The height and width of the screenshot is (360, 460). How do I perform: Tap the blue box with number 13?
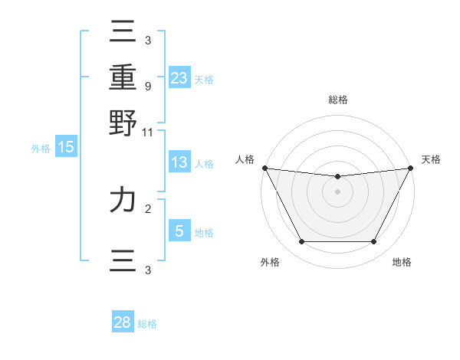pyautogui.click(x=179, y=162)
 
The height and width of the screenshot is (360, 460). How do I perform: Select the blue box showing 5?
pyautogui.click(x=179, y=231)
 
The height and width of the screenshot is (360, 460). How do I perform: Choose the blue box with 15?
pyautogui.click(x=66, y=147)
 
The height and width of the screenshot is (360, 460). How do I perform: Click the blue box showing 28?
pyautogui.click(x=123, y=322)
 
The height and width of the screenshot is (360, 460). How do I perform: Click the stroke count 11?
pyautogui.click(x=147, y=132)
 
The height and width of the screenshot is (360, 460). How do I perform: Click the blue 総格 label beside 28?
pyautogui.click(x=147, y=324)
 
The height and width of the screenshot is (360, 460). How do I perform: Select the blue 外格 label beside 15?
pyautogui.click(x=41, y=149)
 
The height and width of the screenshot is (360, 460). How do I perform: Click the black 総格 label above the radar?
pyautogui.click(x=337, y=100)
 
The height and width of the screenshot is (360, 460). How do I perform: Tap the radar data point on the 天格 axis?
pyautogui.click(x=410, y=168)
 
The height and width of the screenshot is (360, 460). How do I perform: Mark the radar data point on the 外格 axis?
pyautogui.click(x=301, y=242)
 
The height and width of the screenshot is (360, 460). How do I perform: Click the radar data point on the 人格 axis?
pyautogui.click(x=264, y=168)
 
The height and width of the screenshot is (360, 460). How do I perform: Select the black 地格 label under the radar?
pyautogui.click(x=402, y=263)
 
